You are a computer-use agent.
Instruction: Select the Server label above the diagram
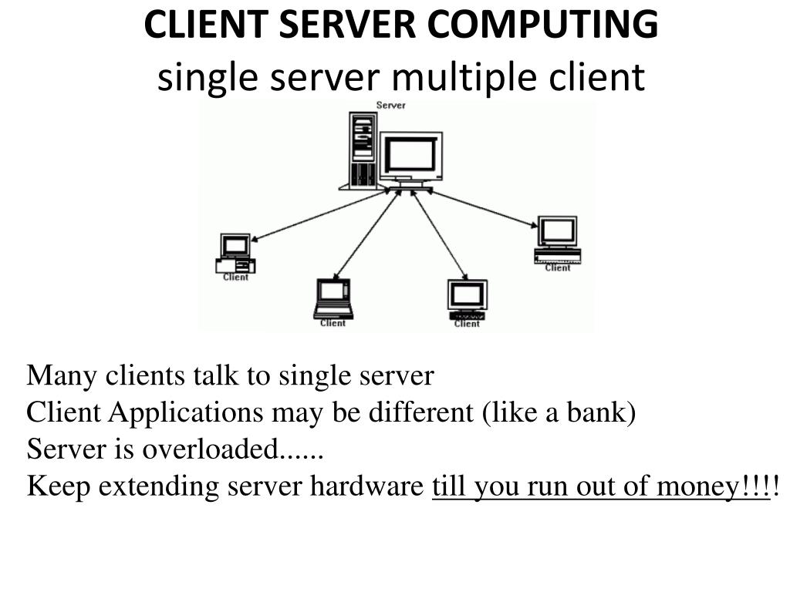pos(390,106)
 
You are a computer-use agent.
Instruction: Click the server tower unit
pos(361,150)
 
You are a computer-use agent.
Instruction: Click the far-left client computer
pos(235,253)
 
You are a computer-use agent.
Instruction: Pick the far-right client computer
pos(557,239)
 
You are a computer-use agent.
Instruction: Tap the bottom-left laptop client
pos(333,298)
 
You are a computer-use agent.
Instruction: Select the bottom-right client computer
pos(467,299)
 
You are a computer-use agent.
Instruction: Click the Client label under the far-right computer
pos(557,268)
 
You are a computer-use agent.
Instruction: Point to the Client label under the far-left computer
pos(235,277)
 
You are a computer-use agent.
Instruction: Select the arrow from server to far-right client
pos(481,208)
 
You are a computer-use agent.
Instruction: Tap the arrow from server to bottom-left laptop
pos(366,235)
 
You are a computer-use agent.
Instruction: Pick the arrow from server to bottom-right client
pos(439,235)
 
